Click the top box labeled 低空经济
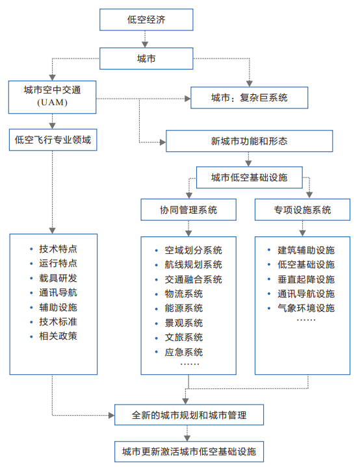coord(146,19)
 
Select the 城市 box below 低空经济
coord(146,58)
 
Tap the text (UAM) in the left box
coord(52,103)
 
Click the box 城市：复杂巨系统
coord(249,97)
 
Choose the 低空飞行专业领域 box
coord(53,140)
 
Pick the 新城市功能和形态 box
coord(249,141)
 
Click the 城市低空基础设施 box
coord(249,177)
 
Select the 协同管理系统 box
coord(188,210)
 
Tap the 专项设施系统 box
coord(302,210)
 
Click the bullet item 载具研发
coord(58,278)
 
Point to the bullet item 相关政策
coord(58,336)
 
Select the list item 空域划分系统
coord(194,250)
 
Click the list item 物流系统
coord(184,294)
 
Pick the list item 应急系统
coord(184,352)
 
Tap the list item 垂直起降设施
coord(306,279)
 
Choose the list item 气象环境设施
coord(306,308)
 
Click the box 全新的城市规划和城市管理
coord(189,415)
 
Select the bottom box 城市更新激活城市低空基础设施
coord(189,451)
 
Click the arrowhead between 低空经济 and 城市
coord(145,44)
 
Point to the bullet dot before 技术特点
coord(31,249)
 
